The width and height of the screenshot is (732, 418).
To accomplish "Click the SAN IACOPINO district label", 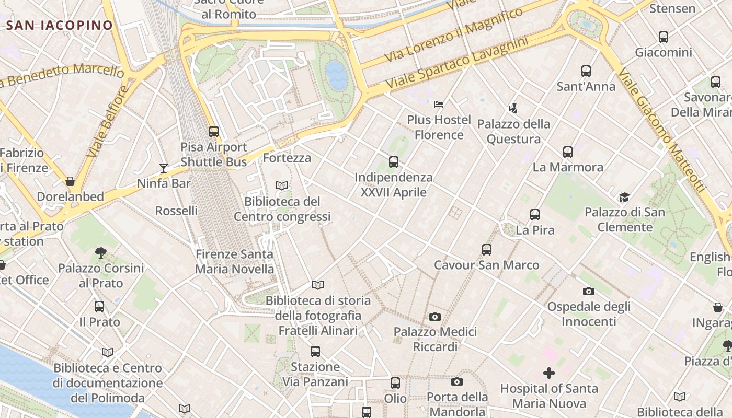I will click(x=60, y=25).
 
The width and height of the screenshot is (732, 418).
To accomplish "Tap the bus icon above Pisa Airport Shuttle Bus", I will click(x=213, y=132).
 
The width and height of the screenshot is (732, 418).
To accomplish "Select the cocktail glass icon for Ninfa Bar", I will click(x=164, y=168).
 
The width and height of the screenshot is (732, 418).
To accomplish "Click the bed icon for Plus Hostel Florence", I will click(x=439, y=104).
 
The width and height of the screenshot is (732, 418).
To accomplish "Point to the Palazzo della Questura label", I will click(x=513, y=131).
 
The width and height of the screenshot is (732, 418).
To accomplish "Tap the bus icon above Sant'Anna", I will click(x=586, y=71).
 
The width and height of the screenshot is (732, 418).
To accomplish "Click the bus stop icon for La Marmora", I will click(x=568, y=152).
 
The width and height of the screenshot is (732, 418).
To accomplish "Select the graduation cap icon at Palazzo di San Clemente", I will click(x=624, y=197).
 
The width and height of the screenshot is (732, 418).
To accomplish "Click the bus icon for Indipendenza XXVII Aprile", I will click(x=394, y=162).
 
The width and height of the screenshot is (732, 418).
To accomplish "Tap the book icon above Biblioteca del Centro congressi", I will click(x=282, y=185).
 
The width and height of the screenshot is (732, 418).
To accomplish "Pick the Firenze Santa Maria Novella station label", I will click(x=234, y=261).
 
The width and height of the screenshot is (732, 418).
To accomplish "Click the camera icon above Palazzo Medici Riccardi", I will click(x=434, y=317).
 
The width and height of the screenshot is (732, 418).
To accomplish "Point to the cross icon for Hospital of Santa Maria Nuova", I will click(x=549, y=373).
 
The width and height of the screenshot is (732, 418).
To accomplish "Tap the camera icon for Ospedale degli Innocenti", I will click(x=589, y=291).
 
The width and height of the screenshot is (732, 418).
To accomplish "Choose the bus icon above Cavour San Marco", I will click(x=487, y=250).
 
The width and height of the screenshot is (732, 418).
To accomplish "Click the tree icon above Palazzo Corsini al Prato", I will click(x=101, y=253).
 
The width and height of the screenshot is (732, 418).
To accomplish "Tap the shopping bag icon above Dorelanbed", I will click(x=70, y=181).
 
